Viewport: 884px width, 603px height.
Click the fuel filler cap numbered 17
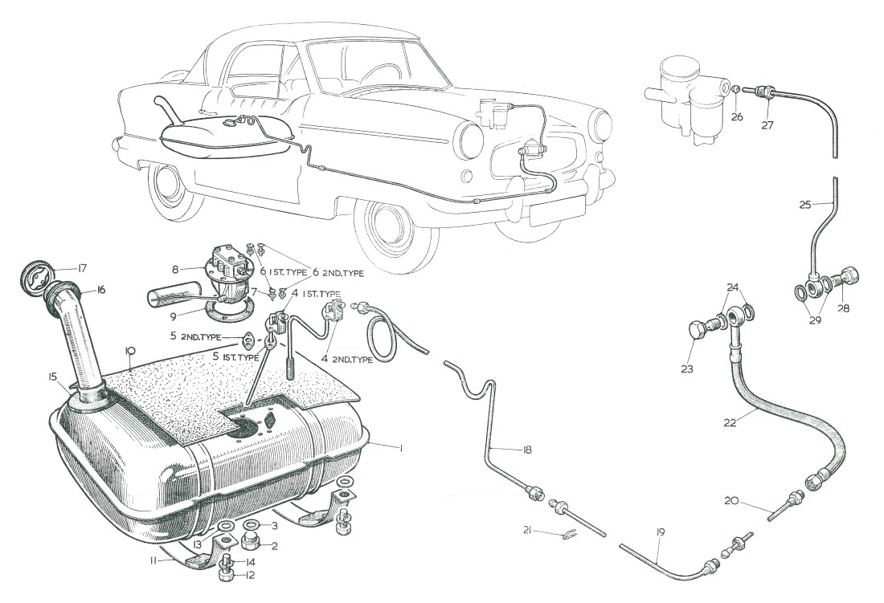click(x=34, y=276)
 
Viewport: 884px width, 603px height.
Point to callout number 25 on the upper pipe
click(x=806, y=204)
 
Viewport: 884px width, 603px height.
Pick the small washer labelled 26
click(x=735, y=91)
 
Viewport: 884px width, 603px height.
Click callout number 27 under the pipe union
click(x=768, y=125)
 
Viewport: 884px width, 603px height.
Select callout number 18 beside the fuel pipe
click(x=526, y=450)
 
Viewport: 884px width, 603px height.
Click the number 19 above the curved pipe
click(x=661, y=532)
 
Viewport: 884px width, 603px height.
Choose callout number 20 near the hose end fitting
click(x=731, y=501)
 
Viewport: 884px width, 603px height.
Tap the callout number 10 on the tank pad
click(x=128, y=350)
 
